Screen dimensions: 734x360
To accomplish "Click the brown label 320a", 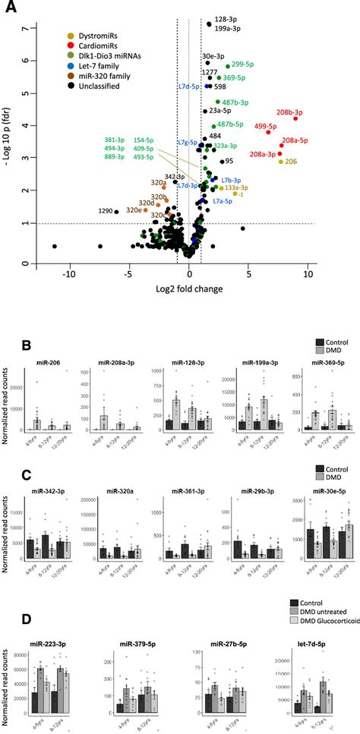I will coord(158,182).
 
